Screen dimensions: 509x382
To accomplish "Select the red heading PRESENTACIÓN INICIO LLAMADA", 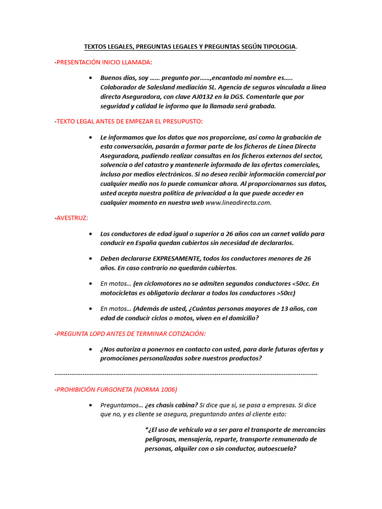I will click(104, 62).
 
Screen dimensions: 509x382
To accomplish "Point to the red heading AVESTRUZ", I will click(72, 218).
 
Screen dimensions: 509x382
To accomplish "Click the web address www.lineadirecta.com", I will click(238, 203).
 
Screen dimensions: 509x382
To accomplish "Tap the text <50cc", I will click(301, 284).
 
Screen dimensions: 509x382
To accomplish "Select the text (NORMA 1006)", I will click(157, 389).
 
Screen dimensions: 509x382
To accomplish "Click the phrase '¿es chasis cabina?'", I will click(171, 405).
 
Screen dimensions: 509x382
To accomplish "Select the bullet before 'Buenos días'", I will click(90, 78).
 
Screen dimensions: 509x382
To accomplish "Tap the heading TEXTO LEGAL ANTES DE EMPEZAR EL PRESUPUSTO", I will click(129, 121).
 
